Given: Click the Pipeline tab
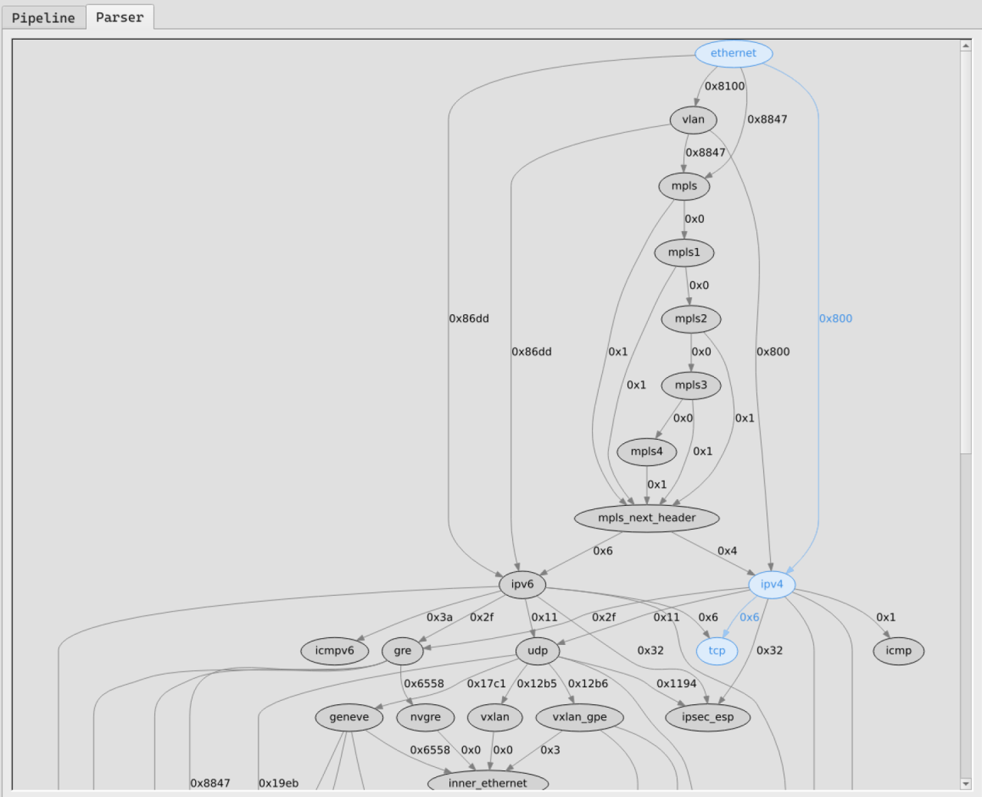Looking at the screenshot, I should click(x=43, y=18).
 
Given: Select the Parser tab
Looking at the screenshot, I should click(x=119, y=17).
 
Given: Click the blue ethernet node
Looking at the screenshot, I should click(x=733, y=53).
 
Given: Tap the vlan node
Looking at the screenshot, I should click(x=693, y=120).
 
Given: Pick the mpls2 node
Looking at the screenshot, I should click(x=691, y=319).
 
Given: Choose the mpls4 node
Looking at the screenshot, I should click(x=646, y=451).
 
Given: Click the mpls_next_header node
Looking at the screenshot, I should click(x=646, y=518).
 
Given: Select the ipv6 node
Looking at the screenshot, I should click(x=522, y=584).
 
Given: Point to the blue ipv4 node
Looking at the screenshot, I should click(x=771, y=584).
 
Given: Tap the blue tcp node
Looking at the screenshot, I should click(x=717, y=650).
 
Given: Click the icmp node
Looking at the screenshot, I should click(x=898, y=650).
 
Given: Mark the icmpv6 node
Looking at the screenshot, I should click(x=334, y=650).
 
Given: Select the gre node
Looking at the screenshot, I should click(x=402, y=650).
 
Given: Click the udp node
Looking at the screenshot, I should click(x=537, y=650).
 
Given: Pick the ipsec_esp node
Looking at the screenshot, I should click(x=707, y=717).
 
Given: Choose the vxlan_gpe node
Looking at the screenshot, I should click(x=579, y=717).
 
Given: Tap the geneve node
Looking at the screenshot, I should click(x=348, y=717).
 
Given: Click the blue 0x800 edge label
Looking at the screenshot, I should click(x=835, y=318).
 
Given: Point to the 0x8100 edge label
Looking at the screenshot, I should click(x=724, y=86).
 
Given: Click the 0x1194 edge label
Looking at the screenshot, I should click(x=676, y=684).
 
